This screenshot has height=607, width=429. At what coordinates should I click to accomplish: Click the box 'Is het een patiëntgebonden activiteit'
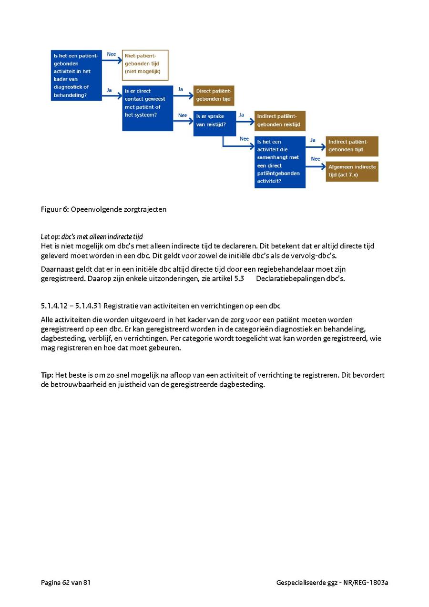(x=76, y=75)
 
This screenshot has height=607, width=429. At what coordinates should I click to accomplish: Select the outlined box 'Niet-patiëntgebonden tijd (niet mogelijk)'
(x=145, y=64)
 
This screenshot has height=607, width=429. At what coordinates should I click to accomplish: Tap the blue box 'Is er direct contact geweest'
(x=147, y=108)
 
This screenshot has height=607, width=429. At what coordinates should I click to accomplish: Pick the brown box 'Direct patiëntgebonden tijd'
(x=214, y=95)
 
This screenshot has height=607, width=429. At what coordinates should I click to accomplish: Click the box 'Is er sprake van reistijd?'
(x=215, y=123)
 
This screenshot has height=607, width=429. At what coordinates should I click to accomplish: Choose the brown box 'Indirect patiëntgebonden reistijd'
(x=280, y=121)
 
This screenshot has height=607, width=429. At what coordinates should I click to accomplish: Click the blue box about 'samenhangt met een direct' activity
(x=280, y=162)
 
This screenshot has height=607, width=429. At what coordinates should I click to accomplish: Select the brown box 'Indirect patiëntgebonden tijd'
(x=352, y=146)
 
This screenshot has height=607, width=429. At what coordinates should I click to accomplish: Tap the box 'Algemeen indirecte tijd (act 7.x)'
(x=352, y=171)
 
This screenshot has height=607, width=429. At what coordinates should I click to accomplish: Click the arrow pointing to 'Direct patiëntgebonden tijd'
(x=183, y=95)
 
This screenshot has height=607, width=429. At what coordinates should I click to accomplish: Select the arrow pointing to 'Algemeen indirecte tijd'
(x=316, y=166)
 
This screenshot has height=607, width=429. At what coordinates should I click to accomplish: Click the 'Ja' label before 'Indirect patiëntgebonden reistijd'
(x=242, y=115)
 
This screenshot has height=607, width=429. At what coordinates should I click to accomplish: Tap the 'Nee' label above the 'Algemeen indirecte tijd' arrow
(x=315, y=159)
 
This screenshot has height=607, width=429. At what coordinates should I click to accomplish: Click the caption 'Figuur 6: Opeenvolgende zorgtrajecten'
(x=103, y=209)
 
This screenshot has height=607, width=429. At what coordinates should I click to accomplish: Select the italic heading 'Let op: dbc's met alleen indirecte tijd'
(x=92, y=237)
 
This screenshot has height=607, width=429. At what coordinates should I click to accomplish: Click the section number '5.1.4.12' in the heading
(x=54, y=305)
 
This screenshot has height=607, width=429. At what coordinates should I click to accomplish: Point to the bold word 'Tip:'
(x=47, y=375)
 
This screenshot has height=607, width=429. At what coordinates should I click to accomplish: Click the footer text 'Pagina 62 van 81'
(x=66, y=582)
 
